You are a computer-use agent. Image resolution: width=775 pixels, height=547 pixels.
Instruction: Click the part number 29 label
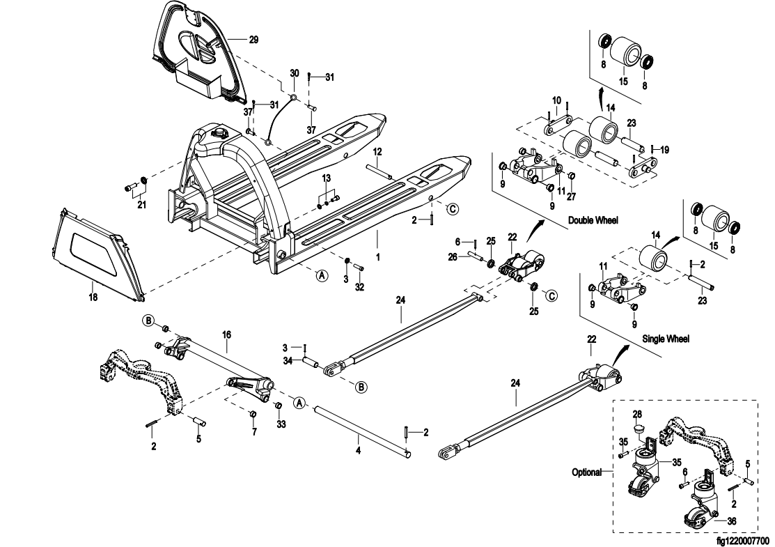click(x=253, y=40)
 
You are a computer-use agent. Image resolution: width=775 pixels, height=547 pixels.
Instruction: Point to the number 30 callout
click(x=294, y=73)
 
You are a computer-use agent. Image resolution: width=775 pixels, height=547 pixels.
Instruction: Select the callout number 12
click(x=376, y=151)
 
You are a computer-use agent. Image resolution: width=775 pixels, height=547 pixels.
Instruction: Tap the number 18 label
click(x=93, y=297)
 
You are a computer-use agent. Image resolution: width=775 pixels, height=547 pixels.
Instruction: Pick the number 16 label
click(x=226, y=334)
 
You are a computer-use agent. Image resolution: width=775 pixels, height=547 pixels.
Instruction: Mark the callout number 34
click(x=287, y=360)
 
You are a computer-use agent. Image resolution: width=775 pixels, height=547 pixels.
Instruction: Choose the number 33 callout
click(x=281, y=424)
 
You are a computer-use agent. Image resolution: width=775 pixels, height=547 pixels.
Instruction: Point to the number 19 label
click(x=664, y=149)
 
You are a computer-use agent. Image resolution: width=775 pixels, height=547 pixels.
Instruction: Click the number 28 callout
click(x=636, y=414)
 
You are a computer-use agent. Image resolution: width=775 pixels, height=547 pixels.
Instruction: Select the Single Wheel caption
click(x=666, y=339)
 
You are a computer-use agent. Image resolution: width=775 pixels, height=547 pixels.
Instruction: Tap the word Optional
click(x=586, y=472)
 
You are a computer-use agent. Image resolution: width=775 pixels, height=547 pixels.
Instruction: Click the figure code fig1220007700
click(x=743, y=539)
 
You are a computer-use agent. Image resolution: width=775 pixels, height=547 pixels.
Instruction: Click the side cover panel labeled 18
click(x=97, y=251)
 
